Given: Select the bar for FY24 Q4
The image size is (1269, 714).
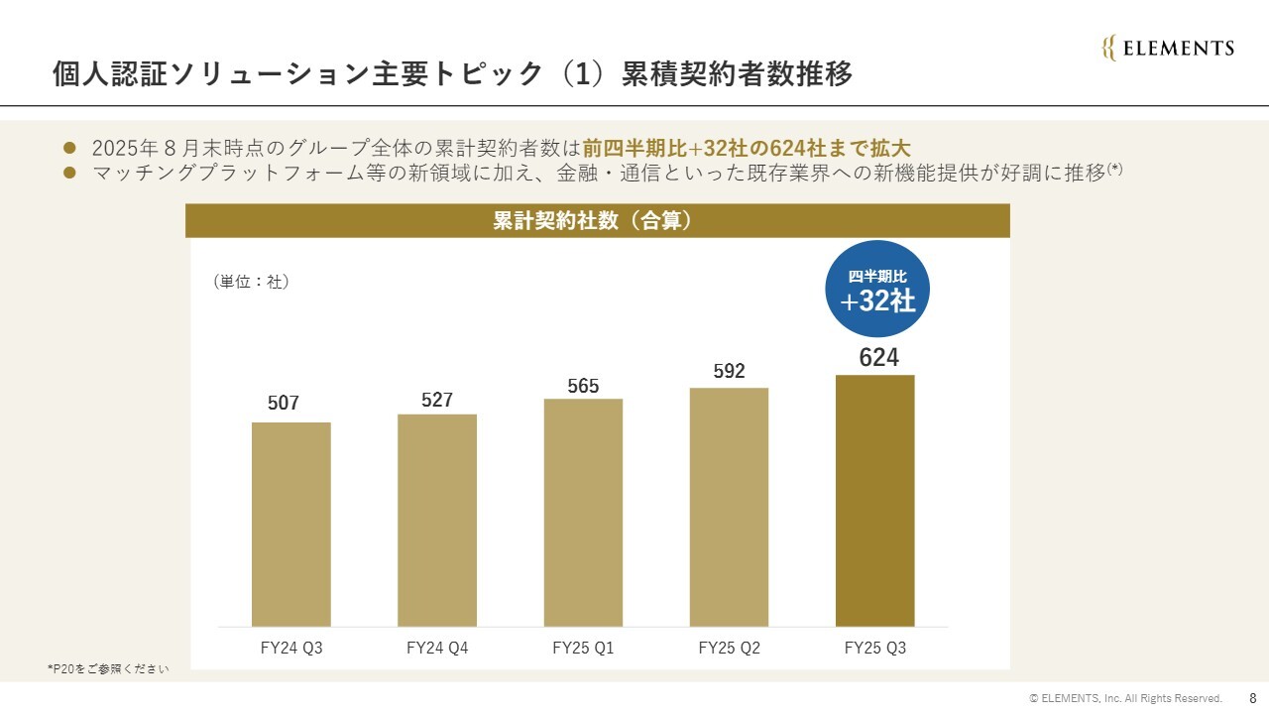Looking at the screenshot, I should tap(437, 520).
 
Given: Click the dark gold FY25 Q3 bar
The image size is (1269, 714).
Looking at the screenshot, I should tap(874, 500).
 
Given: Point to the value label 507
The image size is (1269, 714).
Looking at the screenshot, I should tap(284, 404).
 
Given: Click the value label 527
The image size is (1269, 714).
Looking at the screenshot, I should tap(437, 400).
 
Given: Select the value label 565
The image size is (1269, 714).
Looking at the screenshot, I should tap(583, 387).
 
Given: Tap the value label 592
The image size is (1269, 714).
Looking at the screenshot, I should tap(729, 372).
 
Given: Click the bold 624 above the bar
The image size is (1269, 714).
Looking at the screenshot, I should tap(878, 358).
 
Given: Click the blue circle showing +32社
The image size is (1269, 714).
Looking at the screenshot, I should tap(877, 290).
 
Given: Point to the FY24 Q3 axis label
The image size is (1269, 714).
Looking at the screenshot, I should tap(290, 649).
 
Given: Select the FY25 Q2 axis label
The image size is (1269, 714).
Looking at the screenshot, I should tap(729, 649).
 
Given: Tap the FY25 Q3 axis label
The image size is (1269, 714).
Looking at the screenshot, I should tap(874, 649).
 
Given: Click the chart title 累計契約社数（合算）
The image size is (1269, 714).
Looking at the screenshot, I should tap(597, 221).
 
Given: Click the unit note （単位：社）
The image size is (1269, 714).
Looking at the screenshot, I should tap(251, 282).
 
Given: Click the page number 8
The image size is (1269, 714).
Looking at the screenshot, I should tap(1252, 698).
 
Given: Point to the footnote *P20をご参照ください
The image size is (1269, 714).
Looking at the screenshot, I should tap(108, 669).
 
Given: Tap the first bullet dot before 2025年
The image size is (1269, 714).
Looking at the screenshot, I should tap(69, 148).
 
